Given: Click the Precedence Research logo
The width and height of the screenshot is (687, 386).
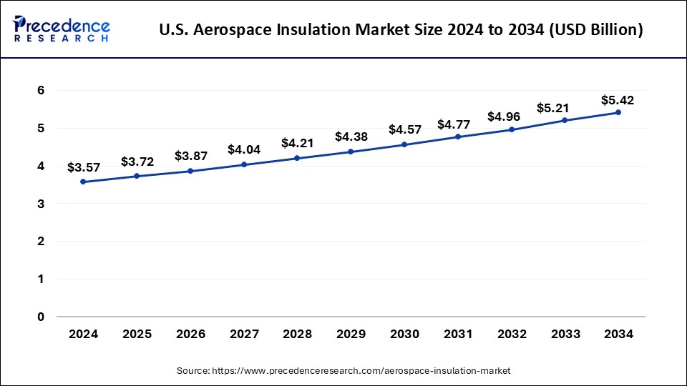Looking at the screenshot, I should click(62, 29).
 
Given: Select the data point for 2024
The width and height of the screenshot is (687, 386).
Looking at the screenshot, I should click(83, 182).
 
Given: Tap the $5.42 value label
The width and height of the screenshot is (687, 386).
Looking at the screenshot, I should click(618, 99).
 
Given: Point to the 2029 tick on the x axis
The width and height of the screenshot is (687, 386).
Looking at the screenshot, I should click(351, 334).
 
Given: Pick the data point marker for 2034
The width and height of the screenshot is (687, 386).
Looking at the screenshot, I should click(618, 112).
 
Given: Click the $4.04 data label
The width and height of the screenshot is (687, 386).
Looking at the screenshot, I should click(243, 150).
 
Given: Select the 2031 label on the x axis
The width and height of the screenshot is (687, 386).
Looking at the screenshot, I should click(457, 334).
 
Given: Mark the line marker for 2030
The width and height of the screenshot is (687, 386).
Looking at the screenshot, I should click(404, 144).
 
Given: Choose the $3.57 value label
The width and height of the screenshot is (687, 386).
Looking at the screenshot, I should click(83, 167).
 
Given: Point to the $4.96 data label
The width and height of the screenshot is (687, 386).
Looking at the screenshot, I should click(511, 116).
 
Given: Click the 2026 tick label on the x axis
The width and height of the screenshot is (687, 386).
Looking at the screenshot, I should click(190, 334).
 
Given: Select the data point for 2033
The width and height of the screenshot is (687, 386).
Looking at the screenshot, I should click(565, 120).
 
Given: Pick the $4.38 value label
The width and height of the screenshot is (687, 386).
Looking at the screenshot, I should click(351, 137).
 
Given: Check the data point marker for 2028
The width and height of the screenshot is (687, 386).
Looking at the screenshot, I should click(297, 158).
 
